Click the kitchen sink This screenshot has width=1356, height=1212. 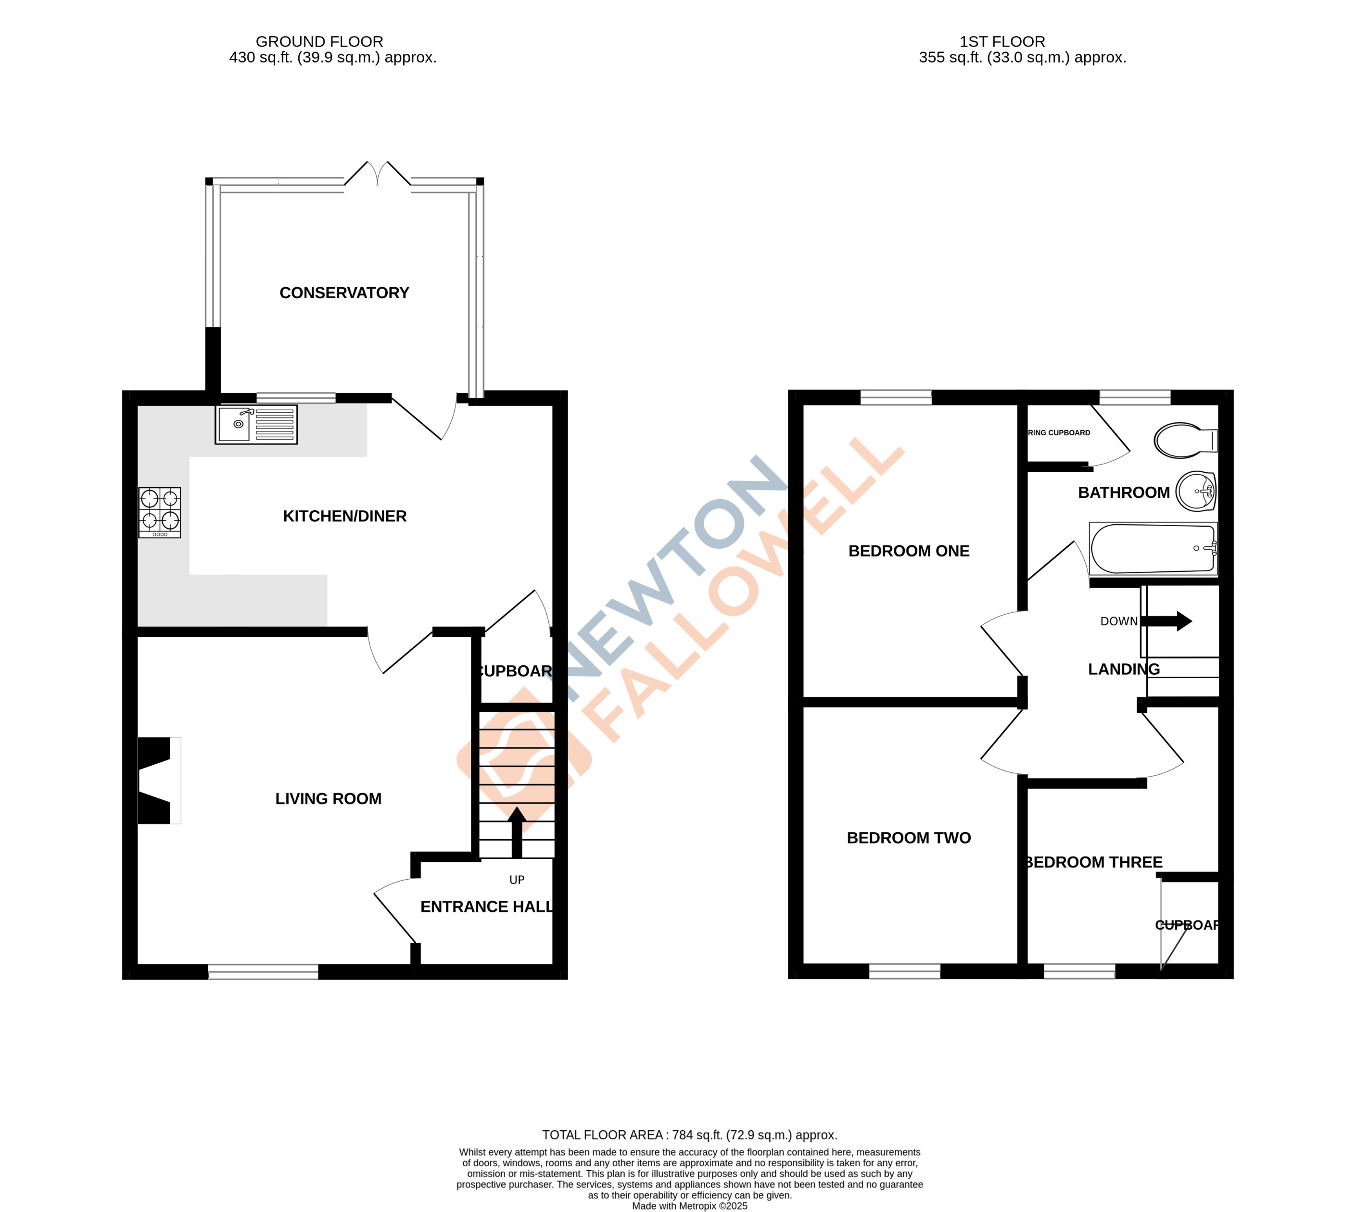pos(256,424)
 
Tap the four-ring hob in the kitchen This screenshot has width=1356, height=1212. pos(160,512)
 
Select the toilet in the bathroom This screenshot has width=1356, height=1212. pos(1186,440)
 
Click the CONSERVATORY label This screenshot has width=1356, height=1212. pos(343,293)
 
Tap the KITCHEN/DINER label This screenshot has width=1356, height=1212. pos(344,516)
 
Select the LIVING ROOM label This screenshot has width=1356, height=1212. pos(329,798)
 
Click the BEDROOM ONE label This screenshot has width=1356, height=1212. pos(909,551)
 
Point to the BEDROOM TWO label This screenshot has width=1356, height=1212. pos(909,838)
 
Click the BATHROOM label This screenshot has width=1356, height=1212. pos(1124,493)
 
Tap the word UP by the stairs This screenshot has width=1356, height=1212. pos(517,880)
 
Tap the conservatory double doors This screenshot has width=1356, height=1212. pos(378,175)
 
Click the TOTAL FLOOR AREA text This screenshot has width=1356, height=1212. pos(689,1135)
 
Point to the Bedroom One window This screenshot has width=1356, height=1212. pos(896,398)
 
